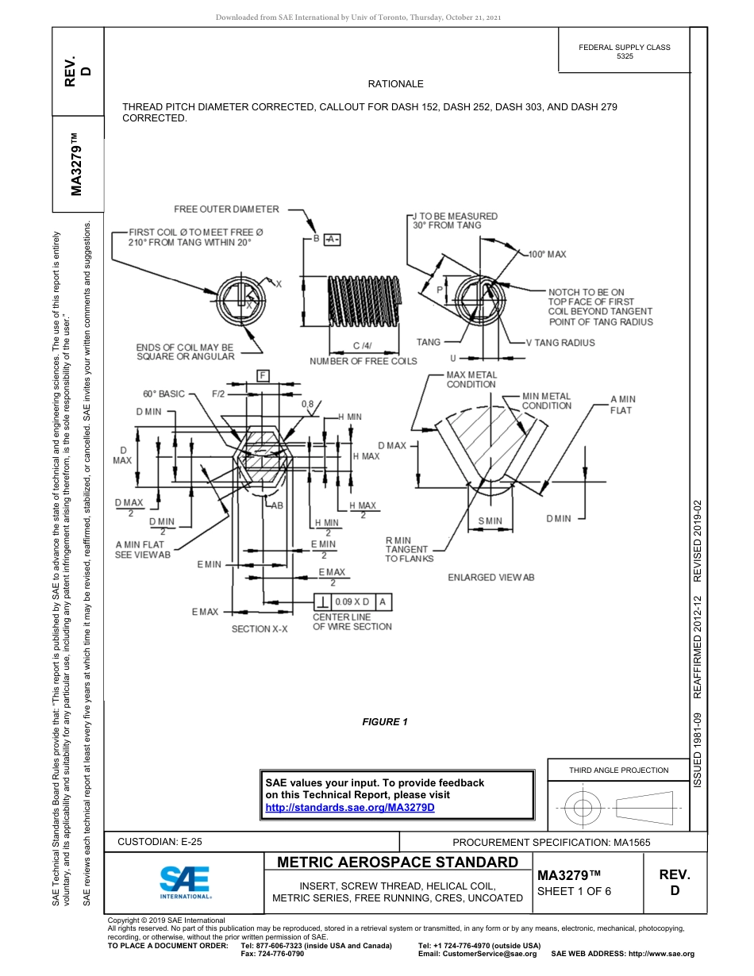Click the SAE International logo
pos(184,881)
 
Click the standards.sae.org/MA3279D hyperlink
pos(349,807)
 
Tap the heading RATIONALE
pos(395,84)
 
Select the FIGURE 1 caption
pos(384,721)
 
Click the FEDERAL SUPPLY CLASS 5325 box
pos(624,52)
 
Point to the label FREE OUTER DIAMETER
pos(226,209)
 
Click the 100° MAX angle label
pos(547,255)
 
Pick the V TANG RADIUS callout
pos(560,343)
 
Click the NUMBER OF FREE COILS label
pos(363,362)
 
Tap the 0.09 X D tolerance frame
pos(358,602)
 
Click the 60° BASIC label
pos(163,394)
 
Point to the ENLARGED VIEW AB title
pos(490,577)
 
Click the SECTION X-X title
pos(260,628)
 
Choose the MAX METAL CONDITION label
pos(471,379)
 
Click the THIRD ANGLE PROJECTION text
pos(618,770)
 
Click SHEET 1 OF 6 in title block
pos(574,891)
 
